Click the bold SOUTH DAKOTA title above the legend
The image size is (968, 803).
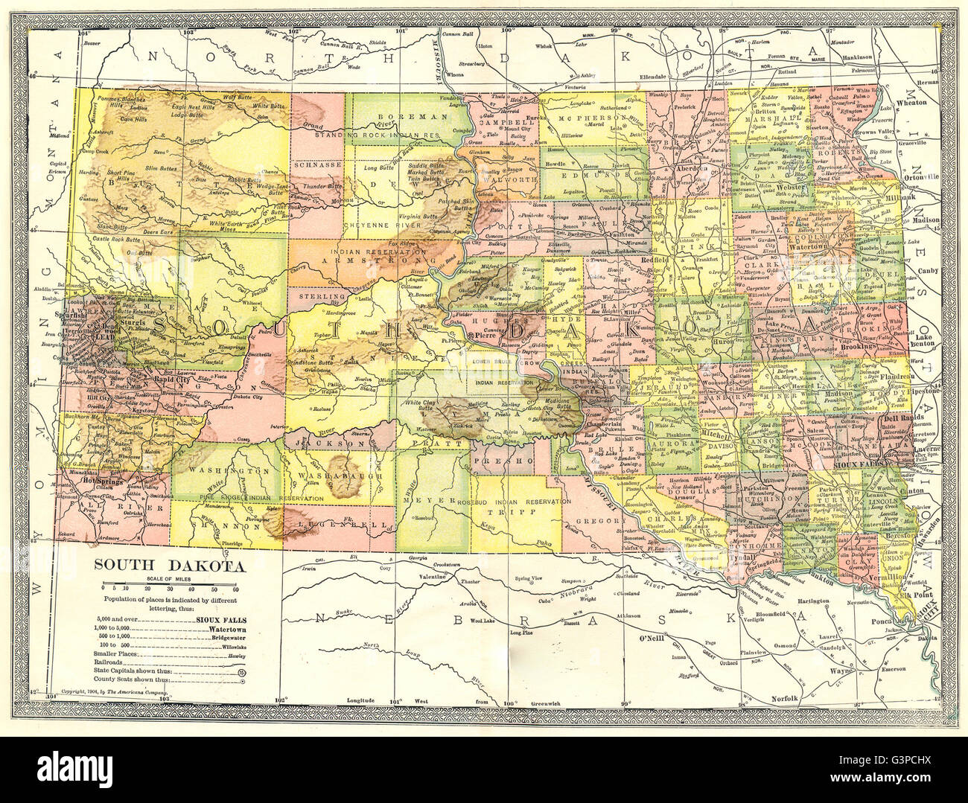point(168,566)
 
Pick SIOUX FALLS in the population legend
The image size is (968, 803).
point(221,619)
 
